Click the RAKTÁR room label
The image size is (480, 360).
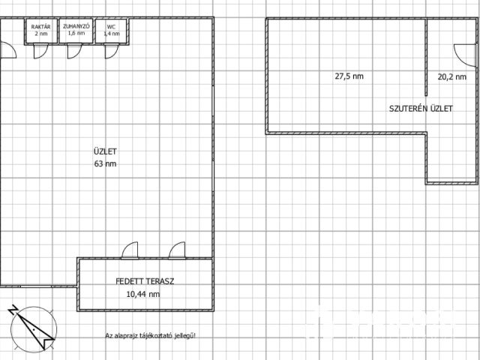click(40, 27)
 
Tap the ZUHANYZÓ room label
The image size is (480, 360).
click(76, 26)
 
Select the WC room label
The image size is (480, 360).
click(111, 27)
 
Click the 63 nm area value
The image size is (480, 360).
click(105, 163)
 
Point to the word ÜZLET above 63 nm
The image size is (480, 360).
click(105, 151)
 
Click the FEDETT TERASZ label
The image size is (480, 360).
click(145, 281)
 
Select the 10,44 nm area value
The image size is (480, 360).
click(143, 294)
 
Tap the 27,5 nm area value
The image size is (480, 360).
click(349, 76)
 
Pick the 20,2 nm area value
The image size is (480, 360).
click(451, 76)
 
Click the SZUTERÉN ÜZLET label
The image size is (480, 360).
click(421, 109)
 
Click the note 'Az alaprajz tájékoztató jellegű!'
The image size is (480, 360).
click(150, 336)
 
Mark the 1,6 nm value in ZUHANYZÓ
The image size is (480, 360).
click(76, 33)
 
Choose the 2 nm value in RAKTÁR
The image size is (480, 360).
click(41, 33)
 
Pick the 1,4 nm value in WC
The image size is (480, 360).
click(112, 34)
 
